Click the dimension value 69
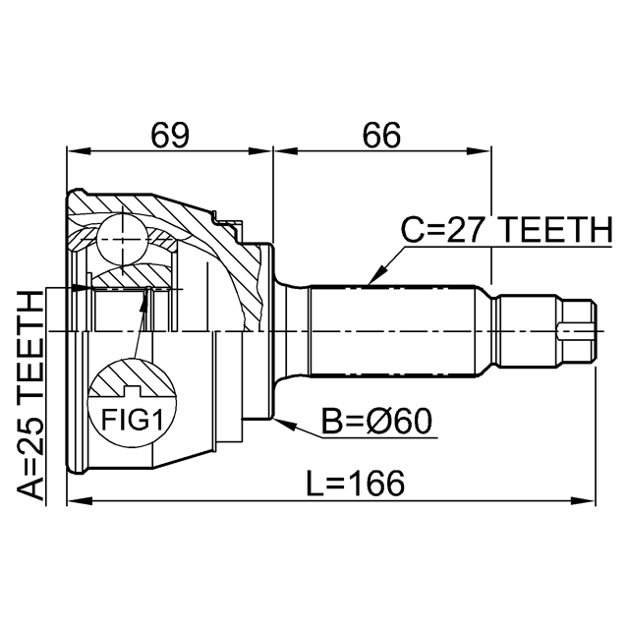click(170, 136)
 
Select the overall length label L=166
click(355, 483)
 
